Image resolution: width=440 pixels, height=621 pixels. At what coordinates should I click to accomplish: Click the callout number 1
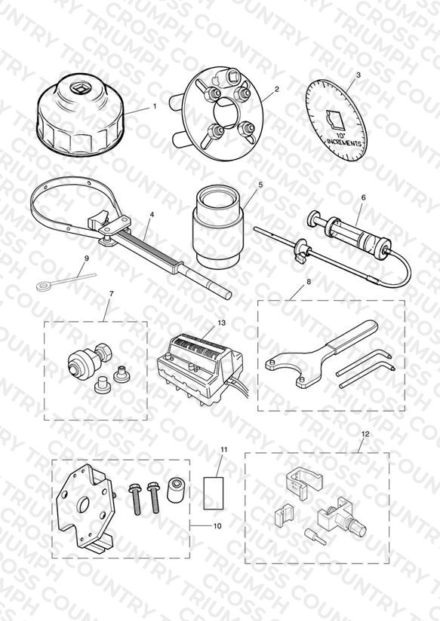155,106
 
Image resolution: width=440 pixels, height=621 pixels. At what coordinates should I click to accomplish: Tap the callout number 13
222,323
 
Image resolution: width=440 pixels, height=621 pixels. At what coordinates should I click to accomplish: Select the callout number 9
87,258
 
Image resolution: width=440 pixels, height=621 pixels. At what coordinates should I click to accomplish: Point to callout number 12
365,434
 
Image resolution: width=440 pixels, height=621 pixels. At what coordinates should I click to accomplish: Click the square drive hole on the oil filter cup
76,87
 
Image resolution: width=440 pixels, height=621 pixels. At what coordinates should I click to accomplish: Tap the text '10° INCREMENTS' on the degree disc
343,140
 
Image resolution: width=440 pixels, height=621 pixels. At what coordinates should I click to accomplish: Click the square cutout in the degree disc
337,120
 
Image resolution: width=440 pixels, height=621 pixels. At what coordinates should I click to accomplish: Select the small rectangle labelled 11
214,493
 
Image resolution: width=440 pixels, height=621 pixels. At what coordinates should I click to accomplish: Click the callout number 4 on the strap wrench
152,215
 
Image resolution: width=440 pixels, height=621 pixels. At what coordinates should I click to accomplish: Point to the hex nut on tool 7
104,352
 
